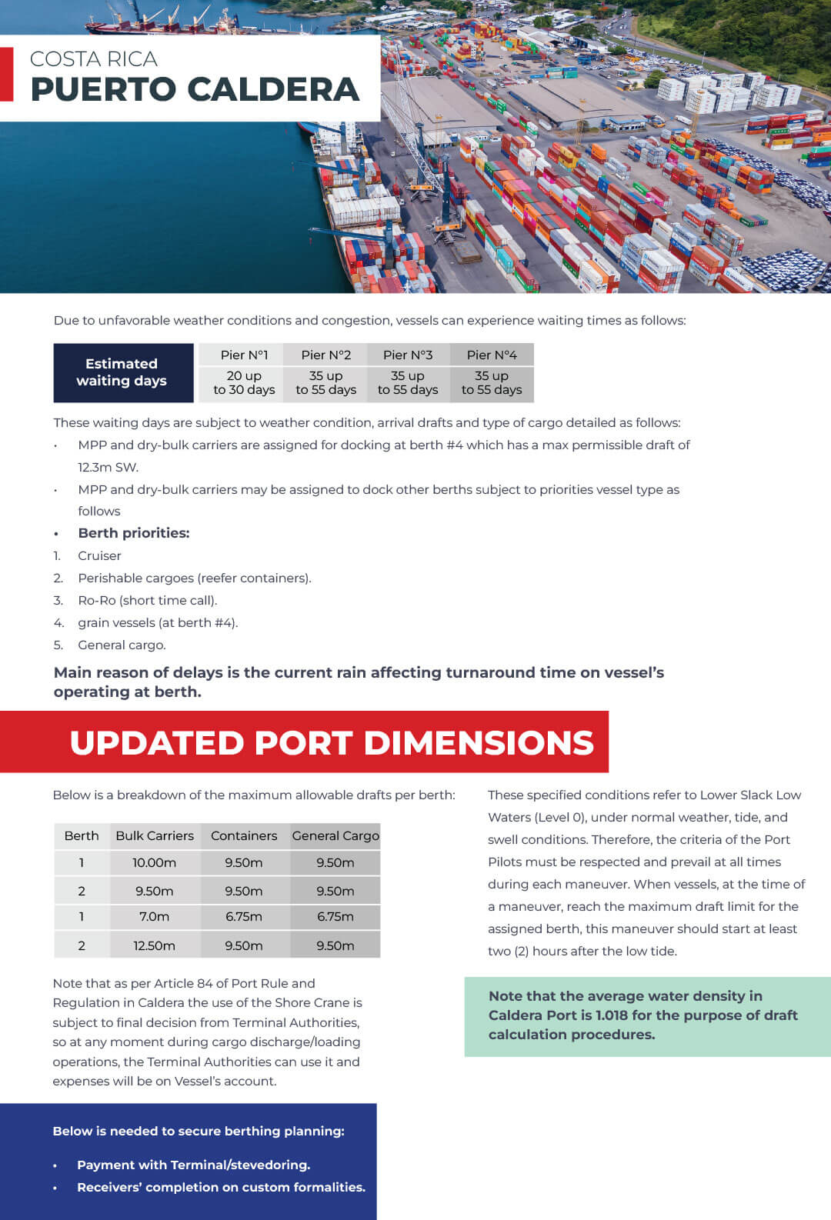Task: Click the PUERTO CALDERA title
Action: (195, 89)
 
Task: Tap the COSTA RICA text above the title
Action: (93, 59)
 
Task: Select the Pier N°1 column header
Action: (244, 355)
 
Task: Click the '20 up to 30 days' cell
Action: (244, 383)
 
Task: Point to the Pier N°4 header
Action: (492, 355)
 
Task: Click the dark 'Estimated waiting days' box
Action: (122, 373)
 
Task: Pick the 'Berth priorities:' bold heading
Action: (133, 533)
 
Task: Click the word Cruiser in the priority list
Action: (99, 555)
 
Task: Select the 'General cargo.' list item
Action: (122, 645)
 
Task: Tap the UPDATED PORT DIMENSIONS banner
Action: (331, 742)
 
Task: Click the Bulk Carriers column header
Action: (155, 835)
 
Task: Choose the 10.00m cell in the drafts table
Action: (154, 863)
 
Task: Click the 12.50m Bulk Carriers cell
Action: (154, 945)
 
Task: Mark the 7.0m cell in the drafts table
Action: (154, 917)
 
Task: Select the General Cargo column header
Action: (335, 835)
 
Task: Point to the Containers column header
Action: (244, 835)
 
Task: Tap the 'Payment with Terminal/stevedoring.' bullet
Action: (193, 1165)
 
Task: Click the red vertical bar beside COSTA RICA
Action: (7, 75)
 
